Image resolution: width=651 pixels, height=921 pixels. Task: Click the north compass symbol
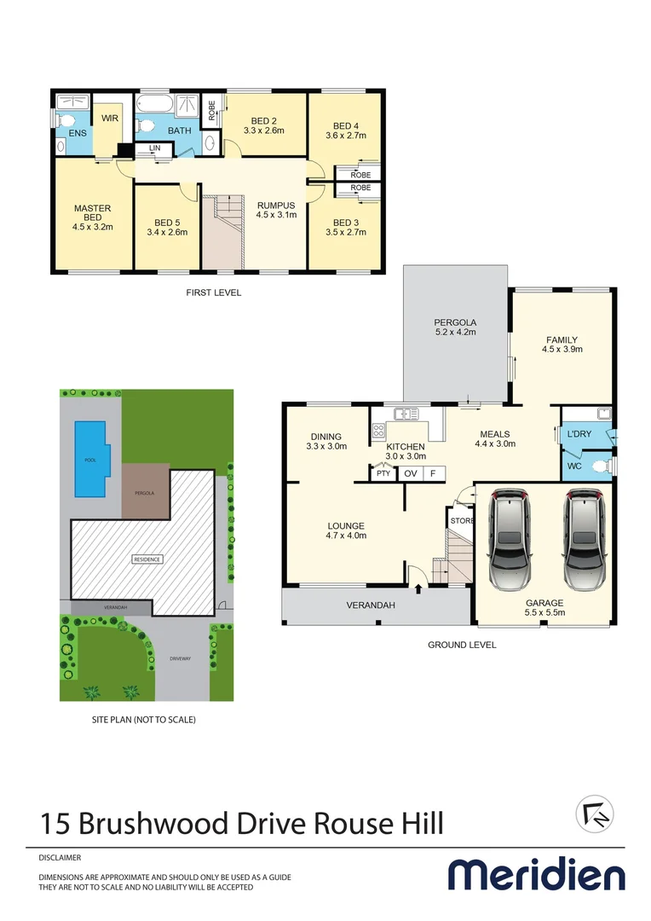tap(595, 814)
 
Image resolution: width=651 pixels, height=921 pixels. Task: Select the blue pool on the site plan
tap(90, 459)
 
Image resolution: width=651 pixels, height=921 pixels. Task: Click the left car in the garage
tap(510, 540)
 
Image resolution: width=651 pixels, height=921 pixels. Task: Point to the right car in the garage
tap(584, 540)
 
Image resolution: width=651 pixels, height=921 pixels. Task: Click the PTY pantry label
tap(383, 473)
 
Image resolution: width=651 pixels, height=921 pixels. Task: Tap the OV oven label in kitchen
tap(411, 473)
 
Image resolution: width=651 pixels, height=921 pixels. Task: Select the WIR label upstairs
tap(110, 118)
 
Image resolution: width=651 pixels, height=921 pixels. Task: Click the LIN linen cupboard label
tap(154, 148)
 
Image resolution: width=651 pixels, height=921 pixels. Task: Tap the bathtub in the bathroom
tap(154, 104)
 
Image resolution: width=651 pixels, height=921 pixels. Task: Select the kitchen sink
tap(406, 414)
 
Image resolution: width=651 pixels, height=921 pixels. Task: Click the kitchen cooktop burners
tap(378, 432)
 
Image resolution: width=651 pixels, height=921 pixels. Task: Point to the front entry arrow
tap(418, 588)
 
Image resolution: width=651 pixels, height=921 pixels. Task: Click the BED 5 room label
tap(167, 223)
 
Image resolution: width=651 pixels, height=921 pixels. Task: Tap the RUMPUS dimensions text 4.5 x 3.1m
tap(276, 215)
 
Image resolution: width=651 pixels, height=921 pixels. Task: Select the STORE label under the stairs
tap(462, 521)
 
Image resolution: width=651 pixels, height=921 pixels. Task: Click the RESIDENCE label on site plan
tap(147, 559)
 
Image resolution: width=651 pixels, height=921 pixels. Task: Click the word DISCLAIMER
tap(60, 858)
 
